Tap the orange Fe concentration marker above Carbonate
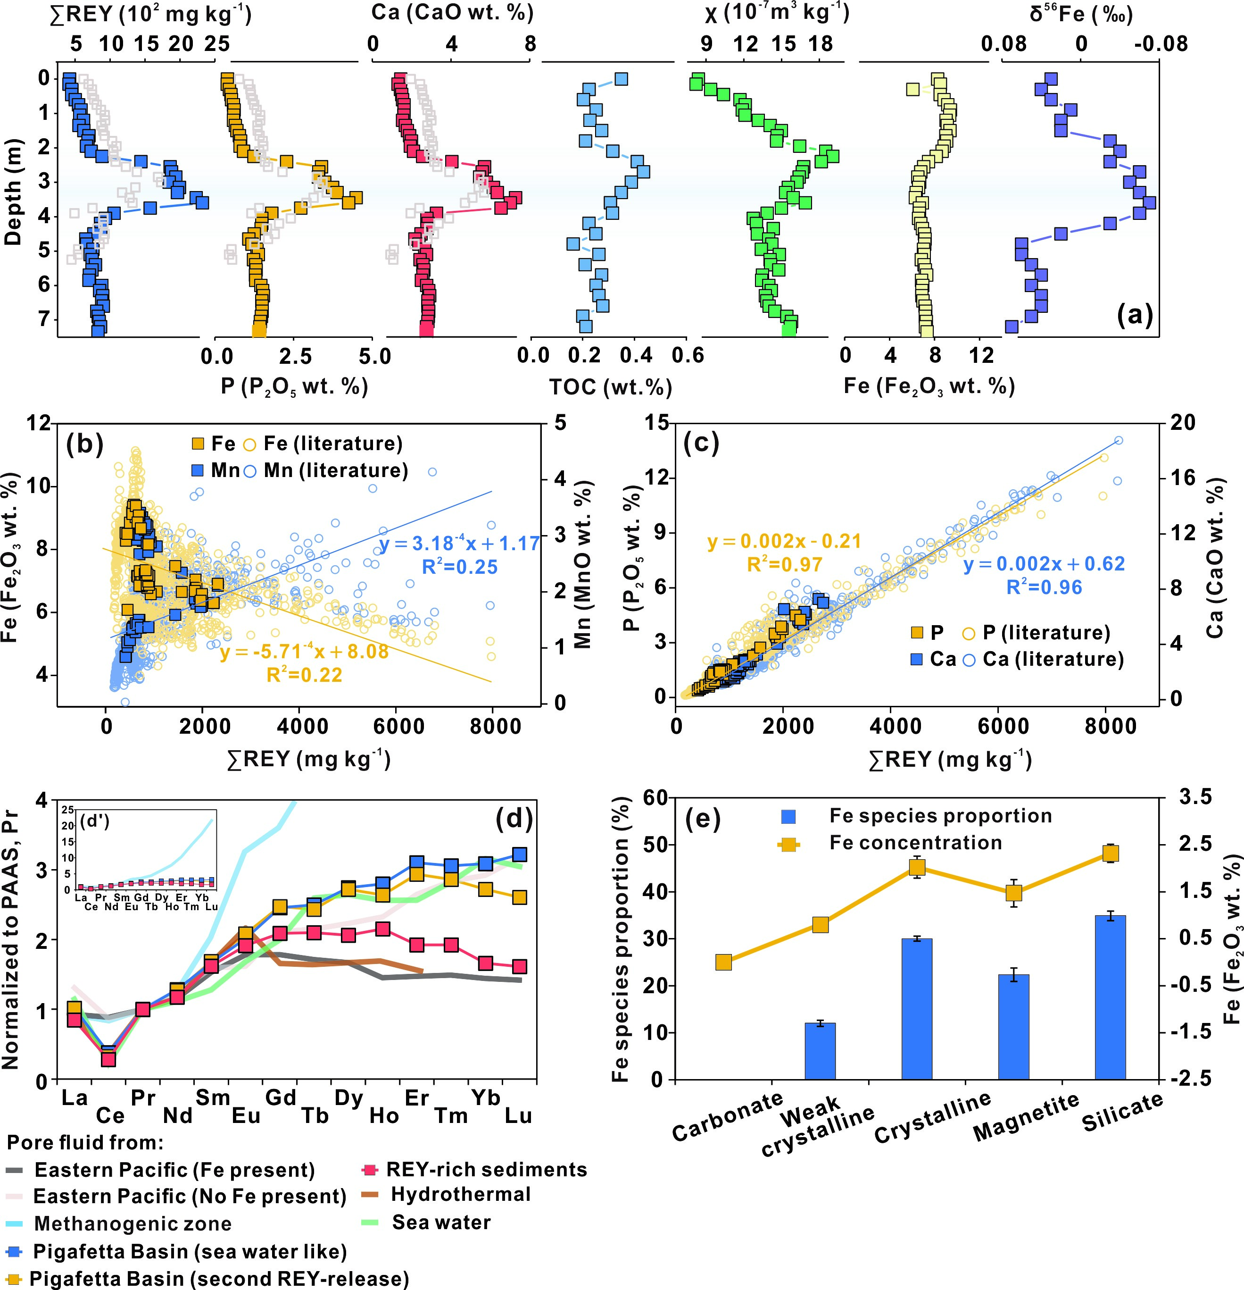tap(724, 962)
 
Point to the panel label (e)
tap(703, 820)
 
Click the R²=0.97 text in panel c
tap(785, 565)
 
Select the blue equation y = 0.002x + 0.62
tap(1044, 564)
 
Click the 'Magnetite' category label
tap(1026, 1116)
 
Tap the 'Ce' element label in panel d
tap(110, 1115)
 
